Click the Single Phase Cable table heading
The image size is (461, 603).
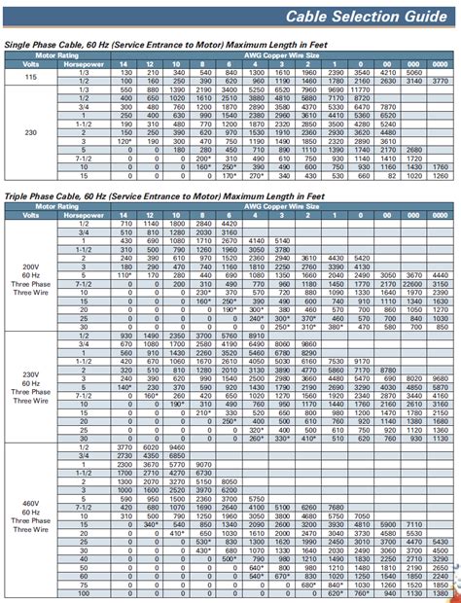point(146,45)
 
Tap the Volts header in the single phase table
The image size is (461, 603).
point(33,64)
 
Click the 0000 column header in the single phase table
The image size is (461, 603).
point(440,64)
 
